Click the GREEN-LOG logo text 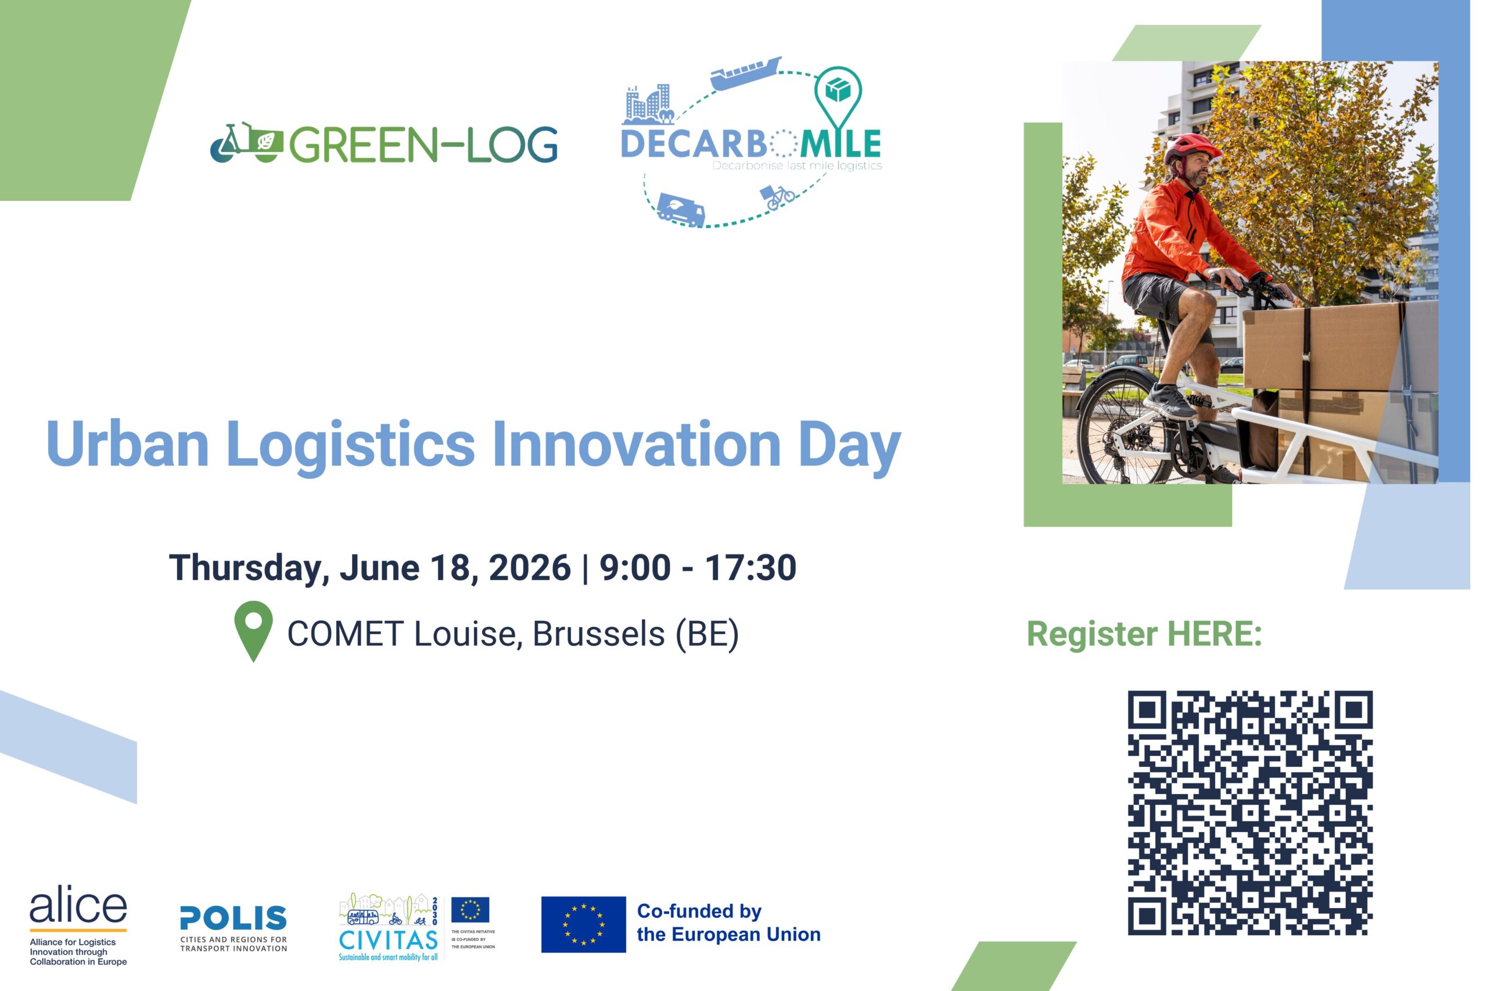[x=423, y=145]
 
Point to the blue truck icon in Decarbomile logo [x=681, y=209]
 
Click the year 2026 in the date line [x=530, y=567]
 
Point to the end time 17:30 [x=750, y=567]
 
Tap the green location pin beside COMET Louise [x=253, y=630]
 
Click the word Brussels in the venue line [x=599, y=633]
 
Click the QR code [x=1250, y=813]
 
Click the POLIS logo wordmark [x=234, y=918]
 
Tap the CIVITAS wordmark [x=388, y=940]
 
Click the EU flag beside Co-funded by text [x=584, y=924]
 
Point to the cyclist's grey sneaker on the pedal [x=1168, y=401]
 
